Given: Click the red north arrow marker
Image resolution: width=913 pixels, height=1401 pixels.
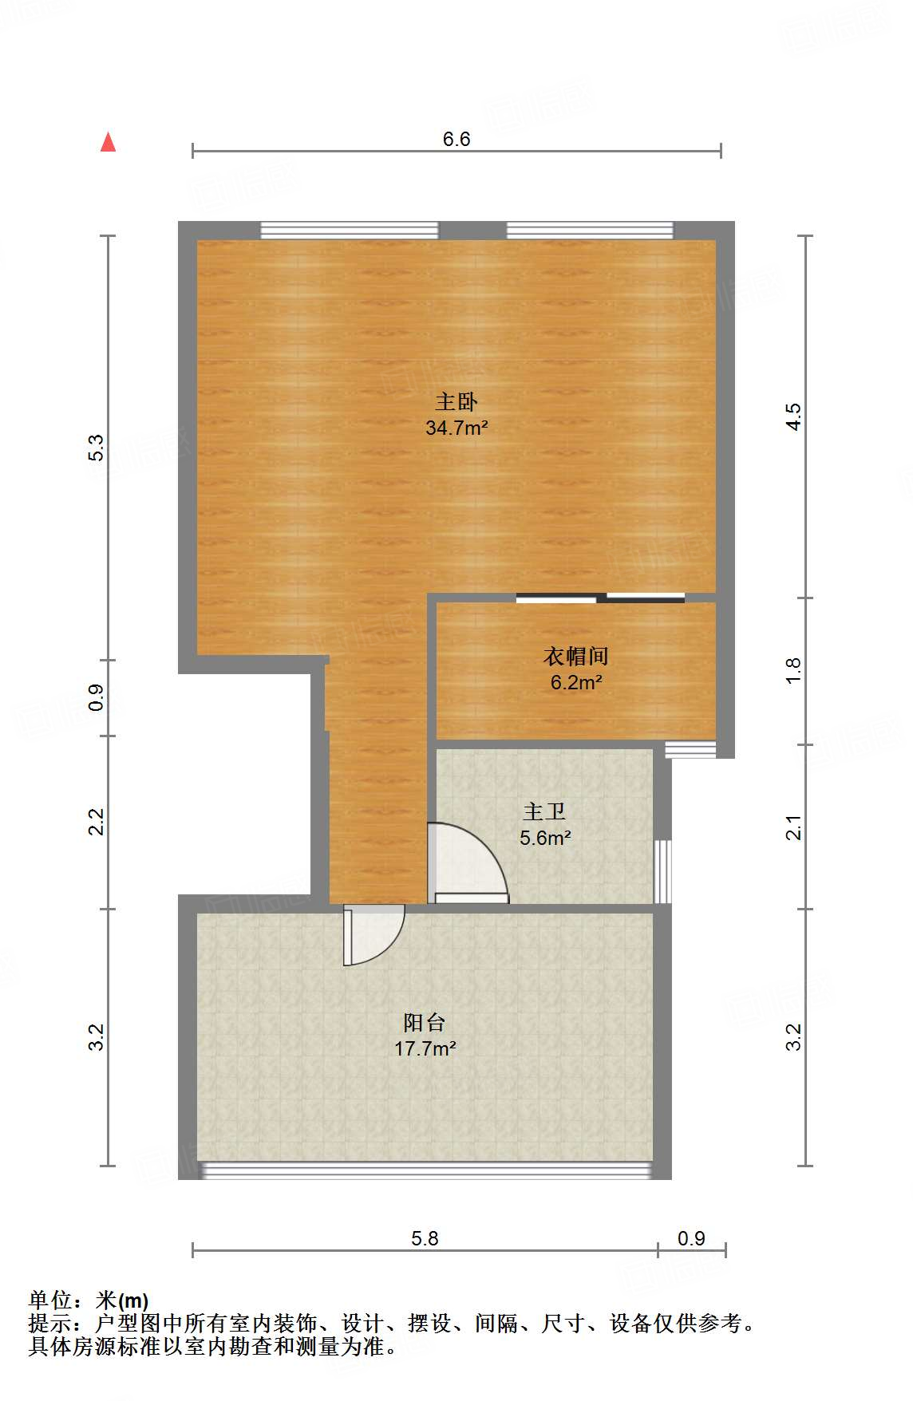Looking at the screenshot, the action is (108, 142).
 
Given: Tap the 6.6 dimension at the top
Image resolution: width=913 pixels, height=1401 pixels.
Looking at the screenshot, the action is (457, 139).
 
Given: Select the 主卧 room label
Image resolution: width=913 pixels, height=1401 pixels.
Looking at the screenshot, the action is (457, 401).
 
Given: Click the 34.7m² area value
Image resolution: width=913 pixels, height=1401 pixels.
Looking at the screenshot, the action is (457, 428).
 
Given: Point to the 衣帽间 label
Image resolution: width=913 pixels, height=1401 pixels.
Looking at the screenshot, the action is (576, 656).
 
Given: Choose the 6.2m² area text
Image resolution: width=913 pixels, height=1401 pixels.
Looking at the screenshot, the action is (576, 682).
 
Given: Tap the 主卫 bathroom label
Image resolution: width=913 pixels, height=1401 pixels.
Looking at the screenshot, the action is (545, 811).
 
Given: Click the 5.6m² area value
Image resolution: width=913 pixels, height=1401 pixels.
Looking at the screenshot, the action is (545, 838).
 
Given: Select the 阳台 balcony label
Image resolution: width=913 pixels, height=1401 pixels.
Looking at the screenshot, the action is (425, 1022).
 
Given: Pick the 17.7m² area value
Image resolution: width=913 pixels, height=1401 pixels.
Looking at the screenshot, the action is (425, 1048).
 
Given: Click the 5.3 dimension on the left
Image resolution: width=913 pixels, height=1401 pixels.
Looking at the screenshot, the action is (96, 448).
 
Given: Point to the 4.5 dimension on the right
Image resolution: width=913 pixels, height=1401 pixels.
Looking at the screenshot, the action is (793, 416).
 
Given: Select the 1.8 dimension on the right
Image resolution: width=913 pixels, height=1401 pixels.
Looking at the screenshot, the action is (793, 670).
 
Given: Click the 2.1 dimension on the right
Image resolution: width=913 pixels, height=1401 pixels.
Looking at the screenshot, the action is (793, 827).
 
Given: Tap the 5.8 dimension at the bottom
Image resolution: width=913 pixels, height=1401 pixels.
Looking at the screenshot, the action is (425, 1238).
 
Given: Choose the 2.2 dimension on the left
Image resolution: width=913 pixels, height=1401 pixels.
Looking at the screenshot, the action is (96, 822).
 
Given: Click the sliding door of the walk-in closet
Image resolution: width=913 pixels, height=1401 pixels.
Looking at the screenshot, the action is (600, 598).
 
